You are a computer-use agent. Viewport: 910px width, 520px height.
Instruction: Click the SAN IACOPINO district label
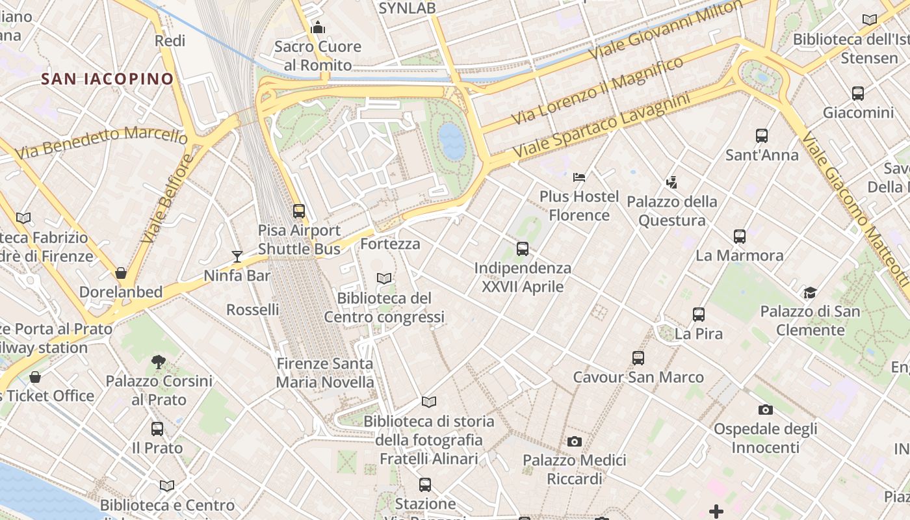click(x=107, y=79)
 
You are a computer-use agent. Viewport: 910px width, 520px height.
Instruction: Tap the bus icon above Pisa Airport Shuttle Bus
click(x=299, y=211)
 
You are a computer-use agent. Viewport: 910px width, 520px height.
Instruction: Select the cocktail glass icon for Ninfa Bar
click(x=237, y=257)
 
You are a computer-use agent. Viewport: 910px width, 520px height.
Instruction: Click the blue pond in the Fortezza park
click(x=452, y=142)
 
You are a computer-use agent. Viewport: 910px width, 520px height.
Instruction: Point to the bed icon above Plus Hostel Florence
click(x=579, y=177)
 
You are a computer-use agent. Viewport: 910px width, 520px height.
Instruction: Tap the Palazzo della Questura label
click(x=672, y=211)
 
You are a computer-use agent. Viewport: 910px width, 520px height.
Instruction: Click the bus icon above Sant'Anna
click(x=762, y=136)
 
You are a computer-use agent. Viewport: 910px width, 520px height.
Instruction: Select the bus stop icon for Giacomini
click(x=858, y=94)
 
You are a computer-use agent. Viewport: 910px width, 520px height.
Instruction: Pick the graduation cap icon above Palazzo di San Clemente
click(x=810, y=292)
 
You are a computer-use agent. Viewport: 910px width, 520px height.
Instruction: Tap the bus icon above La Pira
click(x=699, y=315)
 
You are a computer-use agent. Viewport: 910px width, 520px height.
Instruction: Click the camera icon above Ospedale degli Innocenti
click(x=766, y=409)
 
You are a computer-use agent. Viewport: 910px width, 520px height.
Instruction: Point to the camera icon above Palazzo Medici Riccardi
click(x=575, y=442)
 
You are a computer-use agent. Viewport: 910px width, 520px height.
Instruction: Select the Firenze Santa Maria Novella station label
click(x=325, y=373)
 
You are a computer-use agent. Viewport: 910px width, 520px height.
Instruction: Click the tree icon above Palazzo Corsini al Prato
click(x=158, y=362)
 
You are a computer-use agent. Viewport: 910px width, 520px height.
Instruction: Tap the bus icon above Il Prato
click(x=157, y=429)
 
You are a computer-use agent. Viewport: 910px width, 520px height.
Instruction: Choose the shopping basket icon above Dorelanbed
click(x=121, y=273)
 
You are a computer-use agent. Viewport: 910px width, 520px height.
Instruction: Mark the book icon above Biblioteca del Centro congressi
click(x=384, y=279)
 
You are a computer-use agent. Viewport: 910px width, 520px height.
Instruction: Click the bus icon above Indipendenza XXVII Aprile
click(x=523, y=249)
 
